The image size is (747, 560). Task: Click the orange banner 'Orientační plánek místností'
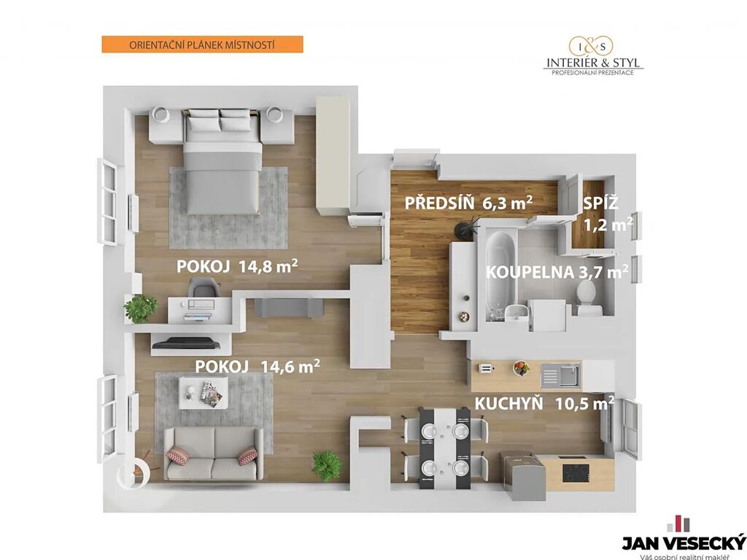point(203,44)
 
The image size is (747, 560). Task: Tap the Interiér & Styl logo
point(593,57)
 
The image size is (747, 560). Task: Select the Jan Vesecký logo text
point(684,542)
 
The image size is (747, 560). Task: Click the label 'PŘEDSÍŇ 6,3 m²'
point(468,203)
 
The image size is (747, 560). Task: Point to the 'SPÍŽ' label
point(601,203)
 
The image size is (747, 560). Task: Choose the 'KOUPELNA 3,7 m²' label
point(557,272)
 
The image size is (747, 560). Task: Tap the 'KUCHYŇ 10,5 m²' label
point(544,403)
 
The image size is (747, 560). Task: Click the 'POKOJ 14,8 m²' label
point(237,266)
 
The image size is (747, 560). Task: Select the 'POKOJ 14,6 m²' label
point(258,366)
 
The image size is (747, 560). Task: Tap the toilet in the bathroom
point(586,297)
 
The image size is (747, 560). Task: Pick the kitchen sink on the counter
point(560,376)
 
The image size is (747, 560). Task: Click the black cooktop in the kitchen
point(576,472)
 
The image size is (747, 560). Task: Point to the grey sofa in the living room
point(213,454)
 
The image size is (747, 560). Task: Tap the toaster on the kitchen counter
point(486,368)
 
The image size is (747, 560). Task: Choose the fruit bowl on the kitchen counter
point(521,368)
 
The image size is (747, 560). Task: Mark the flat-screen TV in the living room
point(186,343)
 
